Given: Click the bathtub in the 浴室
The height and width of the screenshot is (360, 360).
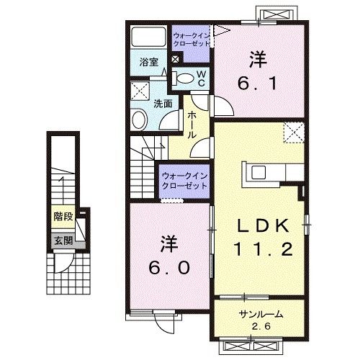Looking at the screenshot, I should point(149,37).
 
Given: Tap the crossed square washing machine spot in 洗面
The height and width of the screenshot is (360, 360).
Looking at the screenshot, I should point(139,91).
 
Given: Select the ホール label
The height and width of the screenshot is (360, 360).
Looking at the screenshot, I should point(192,125).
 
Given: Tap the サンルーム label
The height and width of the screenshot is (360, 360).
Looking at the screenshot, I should point(261,315).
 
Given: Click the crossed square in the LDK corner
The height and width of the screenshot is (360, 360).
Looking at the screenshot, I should point(293,132).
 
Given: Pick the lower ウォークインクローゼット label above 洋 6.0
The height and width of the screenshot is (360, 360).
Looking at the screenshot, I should point(185,179).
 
